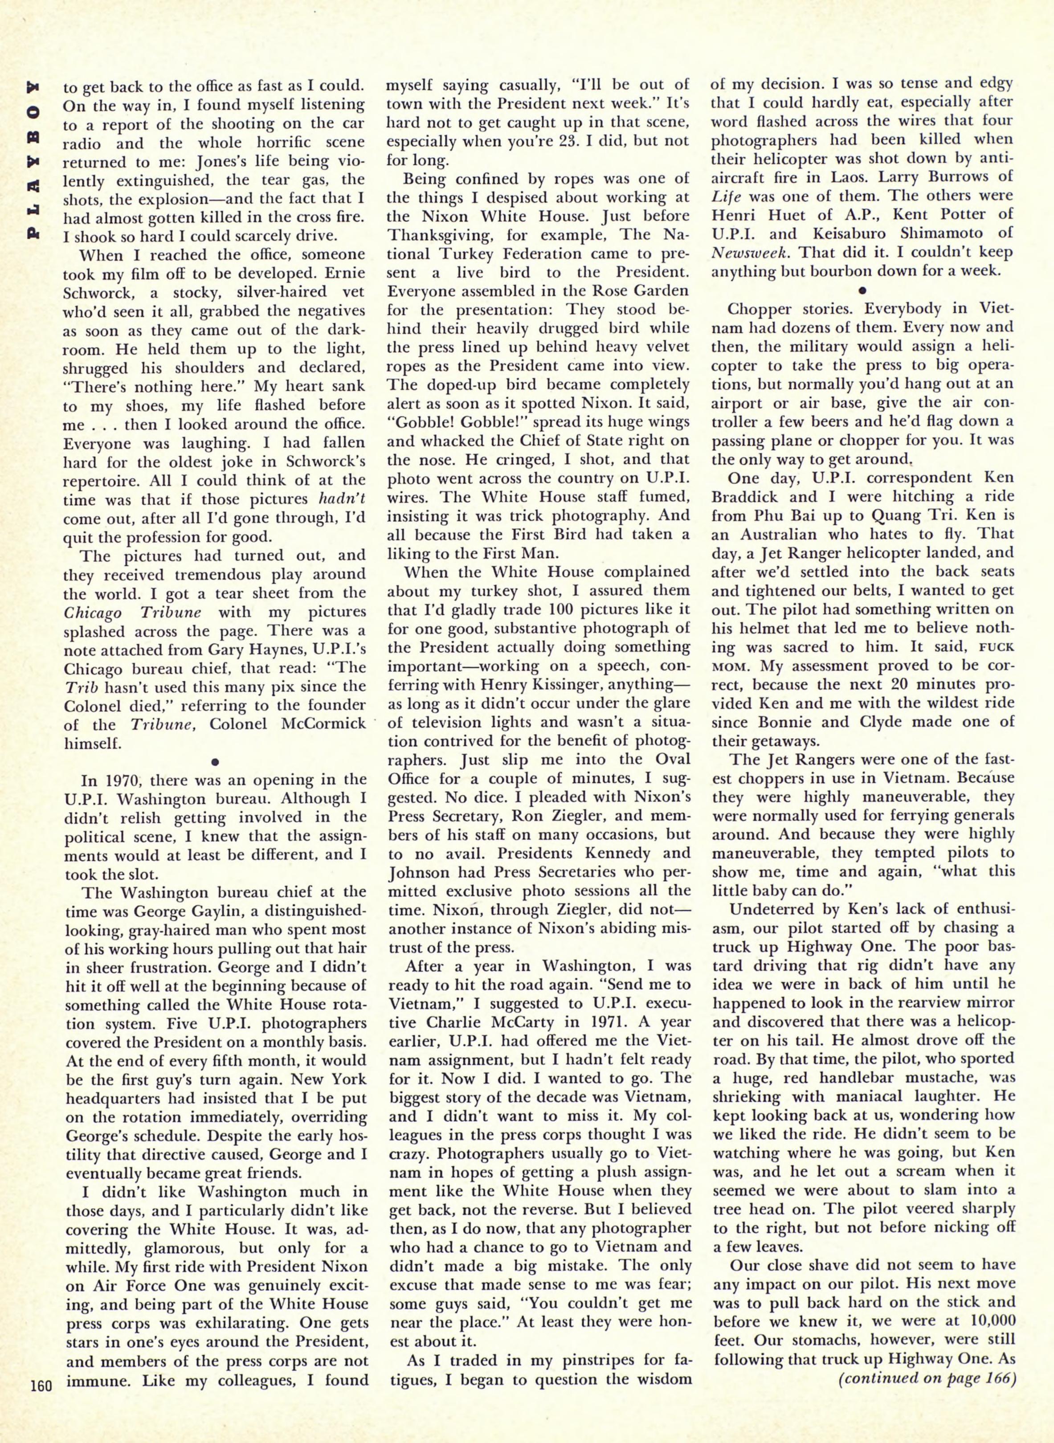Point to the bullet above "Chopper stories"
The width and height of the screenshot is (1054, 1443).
pos(862,289)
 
